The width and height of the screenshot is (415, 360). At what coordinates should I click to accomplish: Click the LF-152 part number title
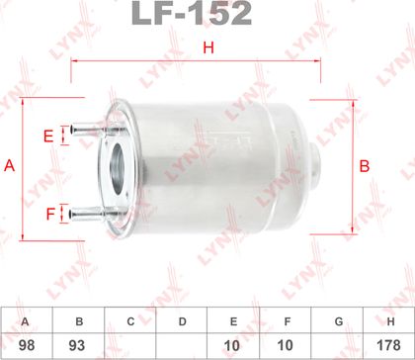pyautogui.click(x=192, y=13)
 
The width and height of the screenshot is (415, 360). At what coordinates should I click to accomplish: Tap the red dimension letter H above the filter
pyautogui.click(x=208, y=47)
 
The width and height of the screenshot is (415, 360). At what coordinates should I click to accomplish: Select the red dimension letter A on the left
pyautogui.click(x=9, y=165)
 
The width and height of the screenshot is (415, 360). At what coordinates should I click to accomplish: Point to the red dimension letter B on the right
pyautogui.click(x=365, y=166)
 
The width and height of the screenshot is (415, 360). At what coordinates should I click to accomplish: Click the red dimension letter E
pyautogui.click(x=48, y=136)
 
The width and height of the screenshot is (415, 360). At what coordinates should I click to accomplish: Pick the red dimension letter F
pyautogui.click(x=50, y=215)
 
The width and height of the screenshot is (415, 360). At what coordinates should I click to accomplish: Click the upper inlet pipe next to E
pyautogui.click(x=90, y=129)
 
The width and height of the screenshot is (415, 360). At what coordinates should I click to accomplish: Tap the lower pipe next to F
pyautogui.click(x=89, y=214)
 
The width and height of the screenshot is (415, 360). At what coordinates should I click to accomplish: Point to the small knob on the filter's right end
pyautogui.click(x=315, y=161)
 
